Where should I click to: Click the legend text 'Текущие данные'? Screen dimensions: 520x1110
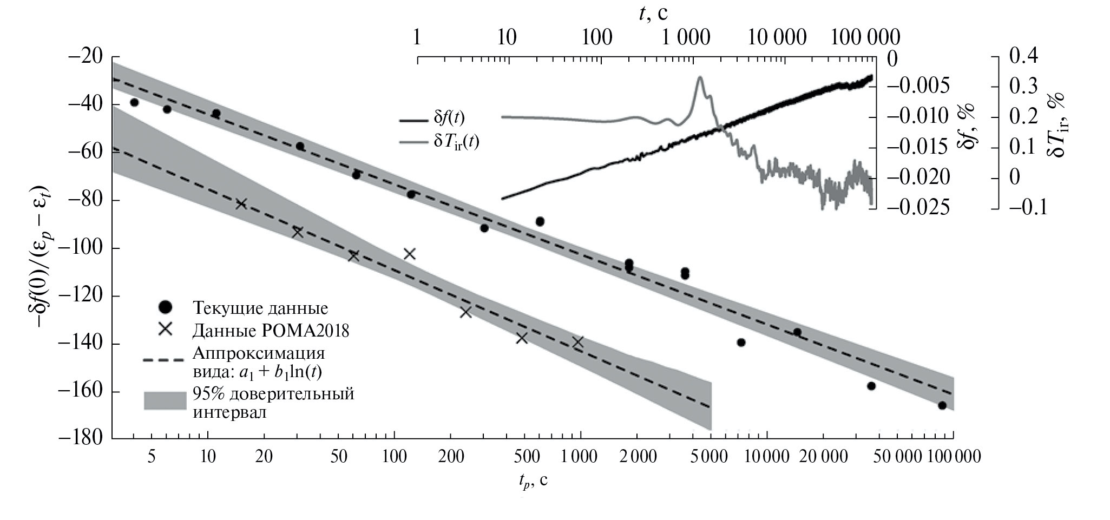260,308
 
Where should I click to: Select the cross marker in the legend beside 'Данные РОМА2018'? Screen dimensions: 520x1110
165,329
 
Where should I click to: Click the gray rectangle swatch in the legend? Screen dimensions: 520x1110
165,401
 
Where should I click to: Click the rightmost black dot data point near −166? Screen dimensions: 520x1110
942,405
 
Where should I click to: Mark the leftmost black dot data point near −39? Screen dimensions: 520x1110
134,102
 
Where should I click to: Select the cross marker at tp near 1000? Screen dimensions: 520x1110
578,342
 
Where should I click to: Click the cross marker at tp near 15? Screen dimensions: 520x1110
241,204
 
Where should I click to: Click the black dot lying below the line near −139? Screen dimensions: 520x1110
741,342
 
